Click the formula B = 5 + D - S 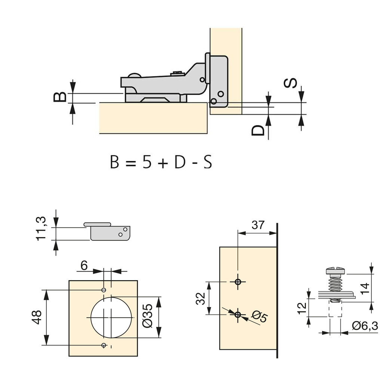(161, 163)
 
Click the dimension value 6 (84, 266)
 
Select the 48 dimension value (36, 317)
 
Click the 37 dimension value (258, 225)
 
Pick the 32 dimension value (201, 298)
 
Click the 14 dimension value (365, 287)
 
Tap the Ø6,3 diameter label (365, 326)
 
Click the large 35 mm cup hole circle (111, 317)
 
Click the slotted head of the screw (335, 270)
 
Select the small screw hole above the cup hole (104, 290)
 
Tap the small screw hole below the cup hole (104, 345)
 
